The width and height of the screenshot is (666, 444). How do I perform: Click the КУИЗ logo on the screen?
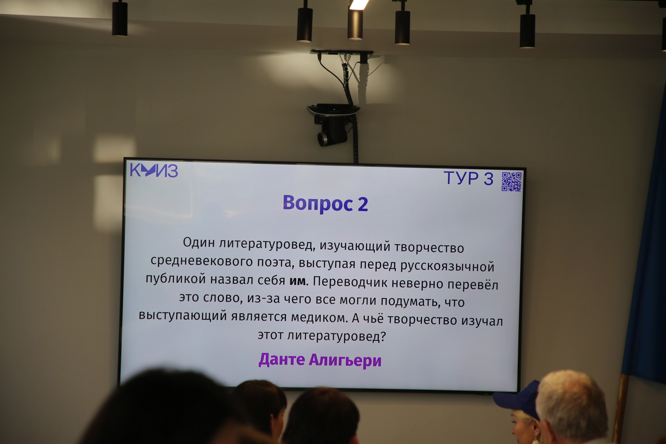154,170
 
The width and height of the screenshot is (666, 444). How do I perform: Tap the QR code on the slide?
511,182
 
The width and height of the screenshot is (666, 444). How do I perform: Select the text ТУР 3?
468,178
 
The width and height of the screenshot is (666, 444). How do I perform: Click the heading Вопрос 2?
325,204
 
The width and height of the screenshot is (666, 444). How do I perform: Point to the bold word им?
297,281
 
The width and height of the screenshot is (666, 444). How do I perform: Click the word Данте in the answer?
282,360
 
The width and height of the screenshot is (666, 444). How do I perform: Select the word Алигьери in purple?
345,361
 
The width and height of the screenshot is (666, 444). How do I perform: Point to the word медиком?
319,317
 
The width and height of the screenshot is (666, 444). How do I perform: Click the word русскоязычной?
447,266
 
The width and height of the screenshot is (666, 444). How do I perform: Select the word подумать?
410,301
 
